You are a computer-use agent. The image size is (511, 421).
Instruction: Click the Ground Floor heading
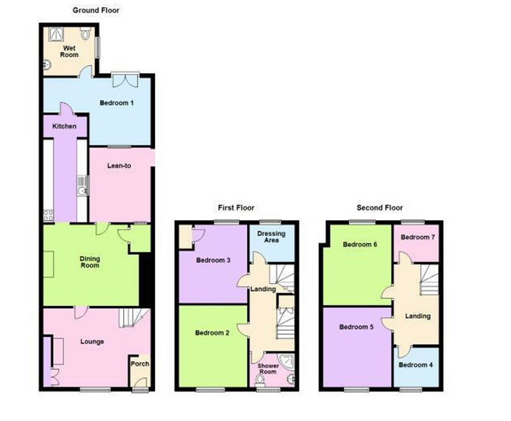(x=96, y=10)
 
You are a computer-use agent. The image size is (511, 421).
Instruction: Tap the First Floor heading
(x=236, y=208)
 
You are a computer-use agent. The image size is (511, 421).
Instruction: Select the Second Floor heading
(x=380, y=208)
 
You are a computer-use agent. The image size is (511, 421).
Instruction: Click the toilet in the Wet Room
(x=85, y=33)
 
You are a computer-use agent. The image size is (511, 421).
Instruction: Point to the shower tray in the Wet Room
(x=56, y=35)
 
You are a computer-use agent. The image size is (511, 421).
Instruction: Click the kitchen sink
(x=83, y=186)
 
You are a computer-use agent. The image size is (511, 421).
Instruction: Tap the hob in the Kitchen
(x=49, y=216)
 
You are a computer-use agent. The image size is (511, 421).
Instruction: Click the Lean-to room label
(x=119, y=166)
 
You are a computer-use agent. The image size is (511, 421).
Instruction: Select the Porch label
(x=140, y=363)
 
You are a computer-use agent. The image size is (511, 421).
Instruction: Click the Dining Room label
(x=90, y=262)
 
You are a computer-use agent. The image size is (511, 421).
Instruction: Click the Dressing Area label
(x=271, y=237)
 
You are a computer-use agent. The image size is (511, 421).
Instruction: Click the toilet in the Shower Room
(x=260, y=380)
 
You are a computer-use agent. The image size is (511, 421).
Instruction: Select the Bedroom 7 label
(x=418, y=237)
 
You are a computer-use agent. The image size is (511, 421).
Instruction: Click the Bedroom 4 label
(x=415, y=365)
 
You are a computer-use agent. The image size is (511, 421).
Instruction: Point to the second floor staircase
(x=429, y=280)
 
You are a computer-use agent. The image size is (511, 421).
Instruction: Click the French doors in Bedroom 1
(x=125, y=80)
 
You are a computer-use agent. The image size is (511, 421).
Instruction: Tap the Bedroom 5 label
(x=356, y=327)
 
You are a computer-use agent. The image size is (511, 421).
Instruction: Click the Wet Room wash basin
(x=47, y=65)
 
